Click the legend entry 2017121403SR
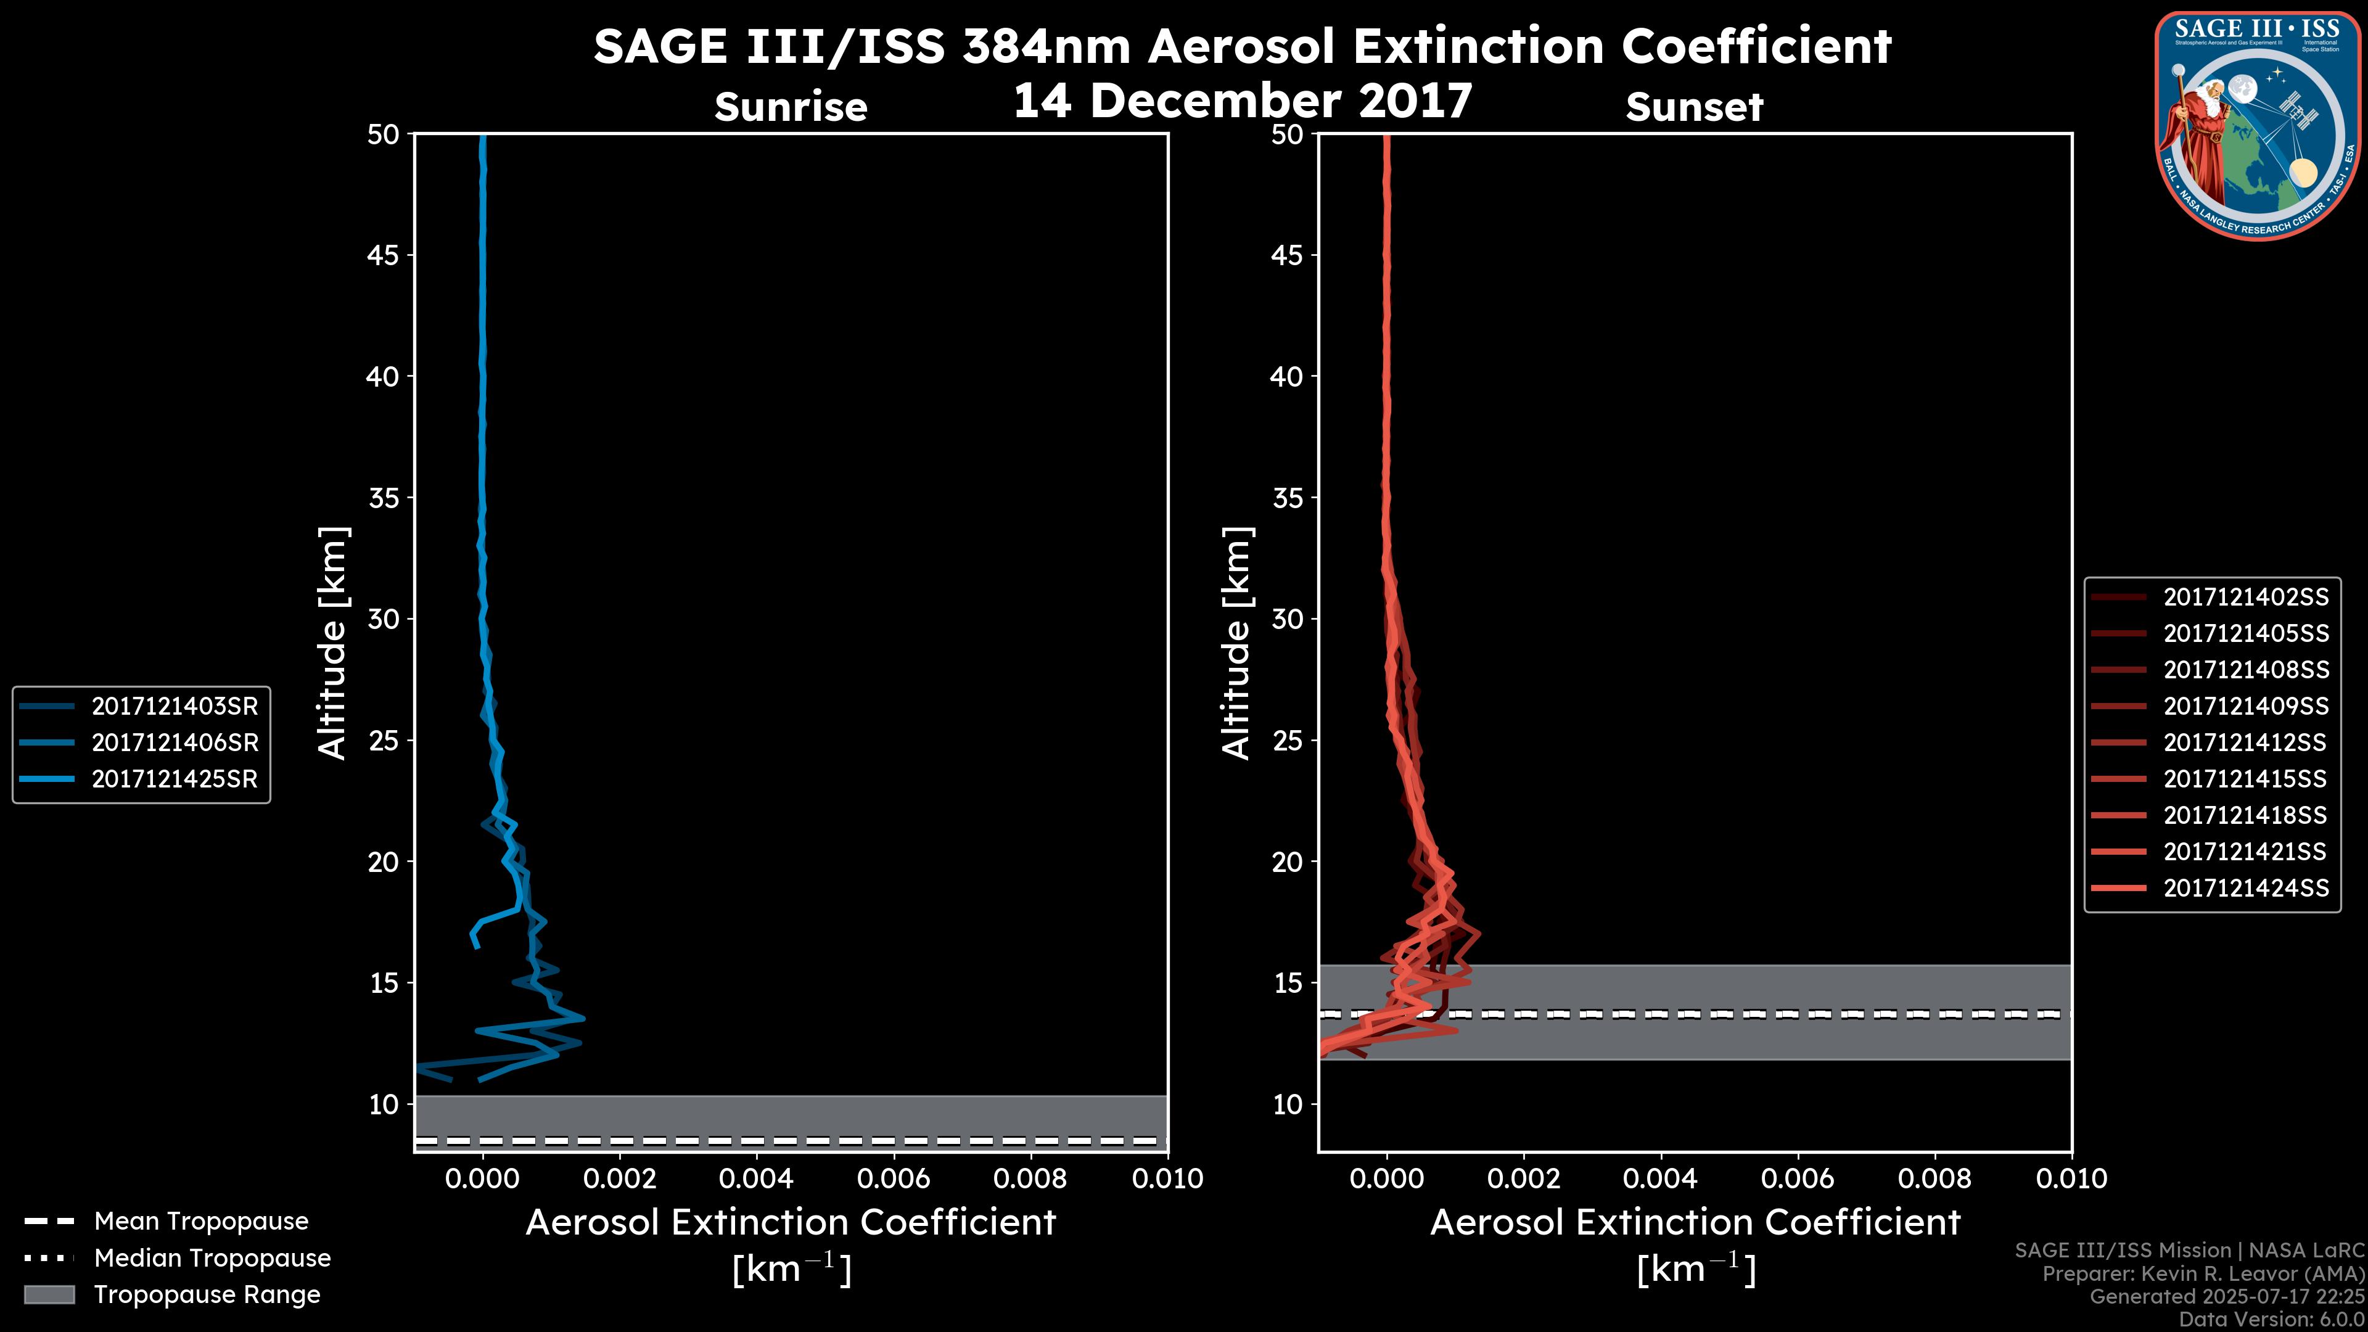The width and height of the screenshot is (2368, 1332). click(x=175, y=706)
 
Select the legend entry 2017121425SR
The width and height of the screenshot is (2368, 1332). click(x=175, y=779)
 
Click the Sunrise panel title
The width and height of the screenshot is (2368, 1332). click(x=791, y=107)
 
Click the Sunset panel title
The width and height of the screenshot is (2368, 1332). click(x=1694, y=107)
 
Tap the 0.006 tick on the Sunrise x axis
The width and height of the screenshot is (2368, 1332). click(x=894, y=1178)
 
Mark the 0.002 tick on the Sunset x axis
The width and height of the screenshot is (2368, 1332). click(x=1523, y=1178)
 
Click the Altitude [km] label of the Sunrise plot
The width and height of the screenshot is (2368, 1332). click(x=333, y=643)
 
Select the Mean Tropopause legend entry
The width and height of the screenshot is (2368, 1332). click(x=200, y=1221)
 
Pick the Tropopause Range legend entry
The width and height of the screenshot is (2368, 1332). click(x=207, y=1294)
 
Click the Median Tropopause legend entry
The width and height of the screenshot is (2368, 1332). click(x=212, y=1257)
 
